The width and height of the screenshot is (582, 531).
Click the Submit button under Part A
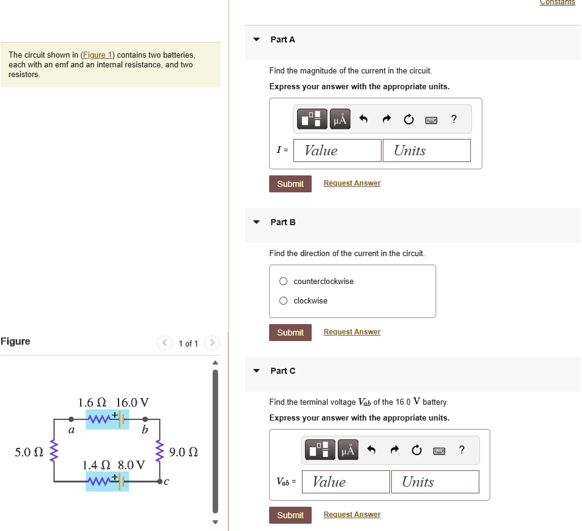pyautogui.click(x=290, y=184)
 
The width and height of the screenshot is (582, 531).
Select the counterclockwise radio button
pyautogui.click(x=284, y=282)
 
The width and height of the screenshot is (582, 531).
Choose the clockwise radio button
pyautogui.click(x=284, y=301)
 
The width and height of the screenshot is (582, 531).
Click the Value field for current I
pyautogui.click(x=337, y=151)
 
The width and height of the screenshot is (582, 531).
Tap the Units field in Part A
pyautogui.click(x=426, y=151)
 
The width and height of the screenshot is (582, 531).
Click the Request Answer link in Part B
pyautogui.click(x=352, y=332)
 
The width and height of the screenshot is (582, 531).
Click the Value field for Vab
pyautogui.click(x=346, y=482)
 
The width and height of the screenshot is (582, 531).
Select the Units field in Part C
pyautogui.click(x=435, y=482)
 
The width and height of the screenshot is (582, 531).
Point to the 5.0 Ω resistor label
pyautogui.click(x=28, y=452)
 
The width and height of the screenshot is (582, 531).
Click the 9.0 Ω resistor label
pyautogui.click(x=184, y=452)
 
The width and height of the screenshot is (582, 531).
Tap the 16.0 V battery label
pyautogui.click(x=132, y=402)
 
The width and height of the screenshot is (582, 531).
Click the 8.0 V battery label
pyautogui.click(x=132, y=465)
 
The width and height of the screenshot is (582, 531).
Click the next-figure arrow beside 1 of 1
pyautogui.click(x=211, y=343)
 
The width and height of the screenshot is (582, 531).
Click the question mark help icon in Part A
pyautogui.click(x=454, y=119)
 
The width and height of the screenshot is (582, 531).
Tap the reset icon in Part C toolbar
pyautogui.click(x=416, y=450)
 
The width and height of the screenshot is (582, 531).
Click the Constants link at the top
pyautogui.click(x=557, y=3)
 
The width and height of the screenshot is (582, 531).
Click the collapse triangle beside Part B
pyautogui.click(x=256, y=222)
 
